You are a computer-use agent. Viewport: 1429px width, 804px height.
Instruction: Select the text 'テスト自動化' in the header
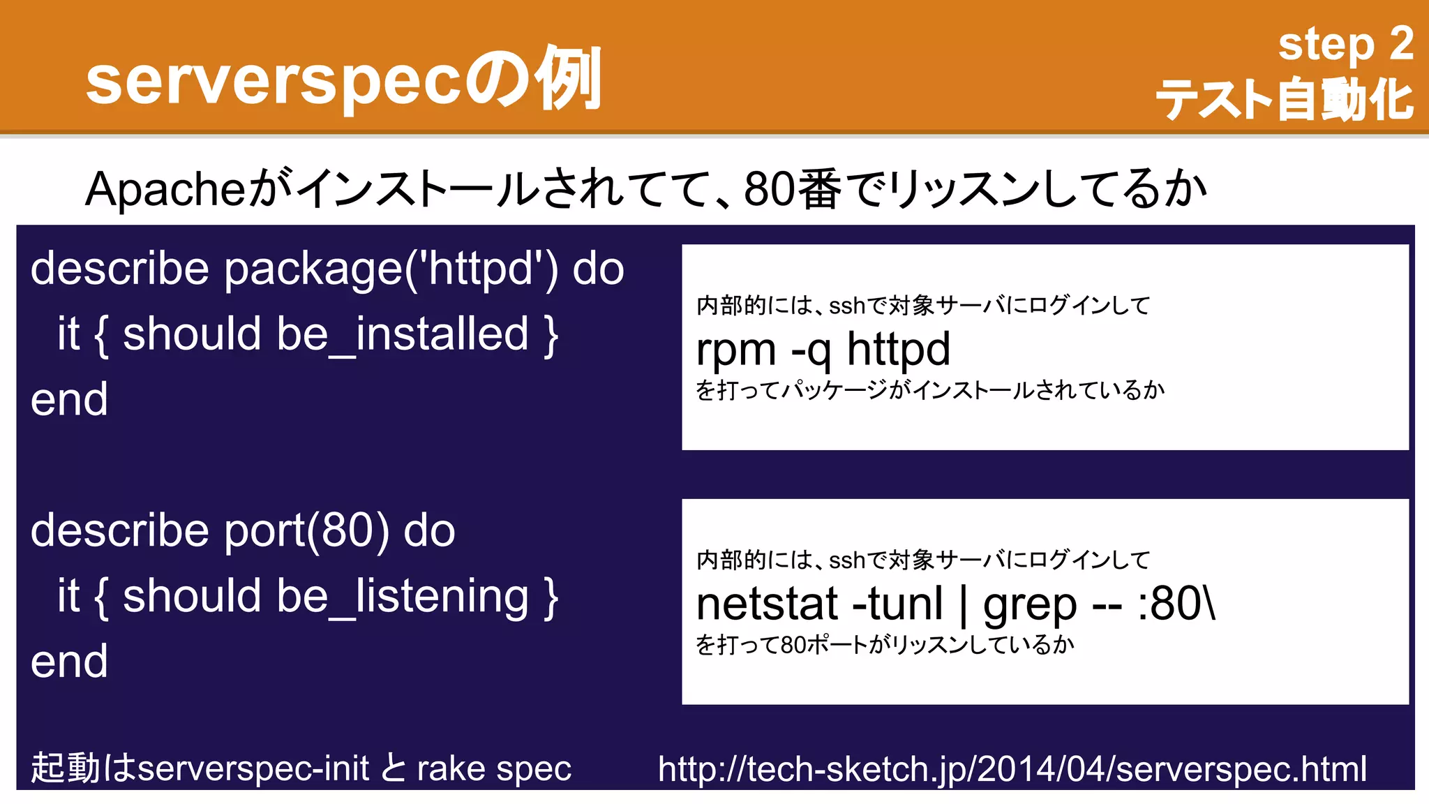[1284, 100]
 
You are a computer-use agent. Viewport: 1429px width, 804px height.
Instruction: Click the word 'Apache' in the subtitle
[165, 189]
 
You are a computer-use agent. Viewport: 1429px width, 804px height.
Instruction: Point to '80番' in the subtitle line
[793, 189]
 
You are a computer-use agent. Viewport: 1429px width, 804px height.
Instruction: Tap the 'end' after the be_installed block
[69, 399]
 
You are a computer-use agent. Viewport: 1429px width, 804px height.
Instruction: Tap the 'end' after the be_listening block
[69, 661]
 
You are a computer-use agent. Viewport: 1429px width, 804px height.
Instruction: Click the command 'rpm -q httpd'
[823, 349]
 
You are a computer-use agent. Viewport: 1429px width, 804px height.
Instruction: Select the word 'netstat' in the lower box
[767, 604]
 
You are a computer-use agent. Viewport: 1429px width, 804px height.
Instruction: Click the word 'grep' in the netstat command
[1030, 605]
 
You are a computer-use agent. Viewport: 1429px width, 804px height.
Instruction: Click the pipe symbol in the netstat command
[964, 605]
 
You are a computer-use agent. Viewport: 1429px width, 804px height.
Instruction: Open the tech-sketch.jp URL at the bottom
[1012, 768]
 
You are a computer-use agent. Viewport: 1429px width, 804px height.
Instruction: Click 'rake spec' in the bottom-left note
[494, 768]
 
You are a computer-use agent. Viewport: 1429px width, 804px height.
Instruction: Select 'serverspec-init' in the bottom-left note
[253, 768]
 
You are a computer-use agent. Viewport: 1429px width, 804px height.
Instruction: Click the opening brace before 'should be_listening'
[101, 597]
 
